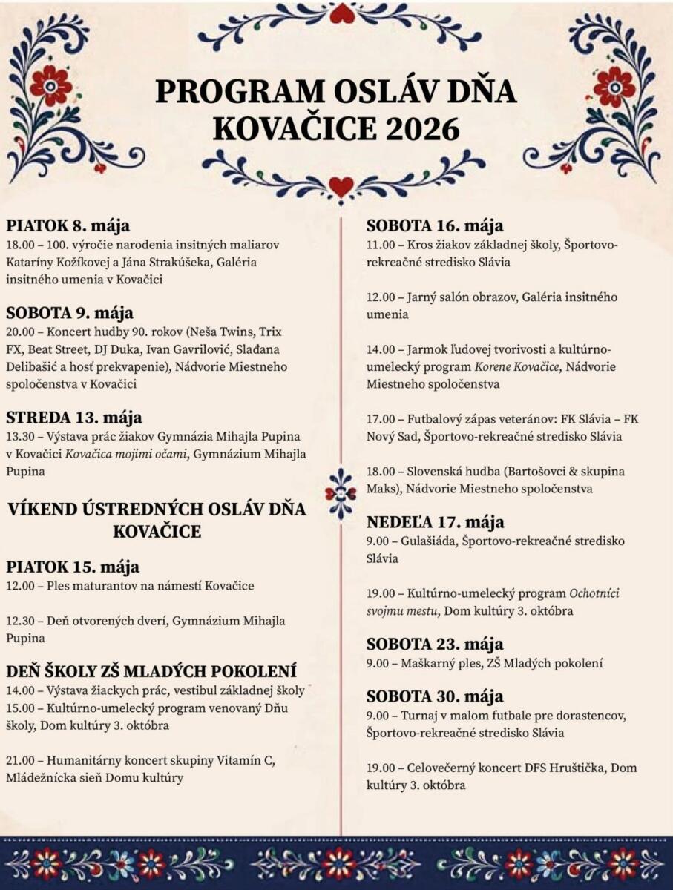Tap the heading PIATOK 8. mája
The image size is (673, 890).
(x=68, y=225)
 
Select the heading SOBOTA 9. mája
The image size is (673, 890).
(x=70, y=312)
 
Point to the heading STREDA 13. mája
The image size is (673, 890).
(x=74, y=417)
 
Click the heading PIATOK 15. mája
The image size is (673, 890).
(x=73, y=567)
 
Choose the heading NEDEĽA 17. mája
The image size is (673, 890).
(x=436, y=522)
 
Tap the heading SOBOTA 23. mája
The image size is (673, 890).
(x=435, y=644)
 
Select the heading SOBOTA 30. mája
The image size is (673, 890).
(x=435, y=696)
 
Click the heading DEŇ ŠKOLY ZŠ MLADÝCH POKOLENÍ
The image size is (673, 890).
(x=151, y=672)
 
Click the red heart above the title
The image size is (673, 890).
(x=342, y=13)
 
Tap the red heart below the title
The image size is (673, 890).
(x=341, y=186)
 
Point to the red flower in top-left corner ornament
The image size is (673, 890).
(x=50, y=85)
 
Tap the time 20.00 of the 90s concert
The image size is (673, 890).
(x=21, y=331)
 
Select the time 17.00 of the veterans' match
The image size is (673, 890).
(x=381, y=419)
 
